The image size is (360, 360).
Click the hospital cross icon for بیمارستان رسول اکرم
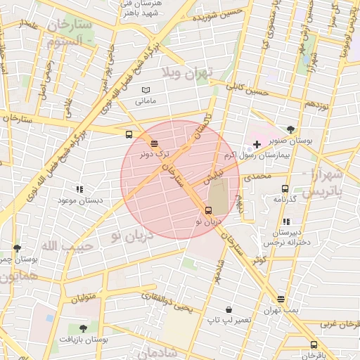click(257, 144)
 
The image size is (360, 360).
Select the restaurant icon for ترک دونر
click(154, 143)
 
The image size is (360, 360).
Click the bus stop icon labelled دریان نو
click(207, 210)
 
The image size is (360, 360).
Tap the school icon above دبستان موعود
click(79, 189)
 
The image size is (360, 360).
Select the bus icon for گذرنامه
click(285, 188)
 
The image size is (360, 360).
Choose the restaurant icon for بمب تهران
click(281, 299)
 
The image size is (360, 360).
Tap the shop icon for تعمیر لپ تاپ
click(229, 309)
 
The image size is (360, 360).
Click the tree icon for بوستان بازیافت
click(83, 328)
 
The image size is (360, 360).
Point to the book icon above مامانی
click(146, 90)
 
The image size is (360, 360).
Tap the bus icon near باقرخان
click(314, 345)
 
